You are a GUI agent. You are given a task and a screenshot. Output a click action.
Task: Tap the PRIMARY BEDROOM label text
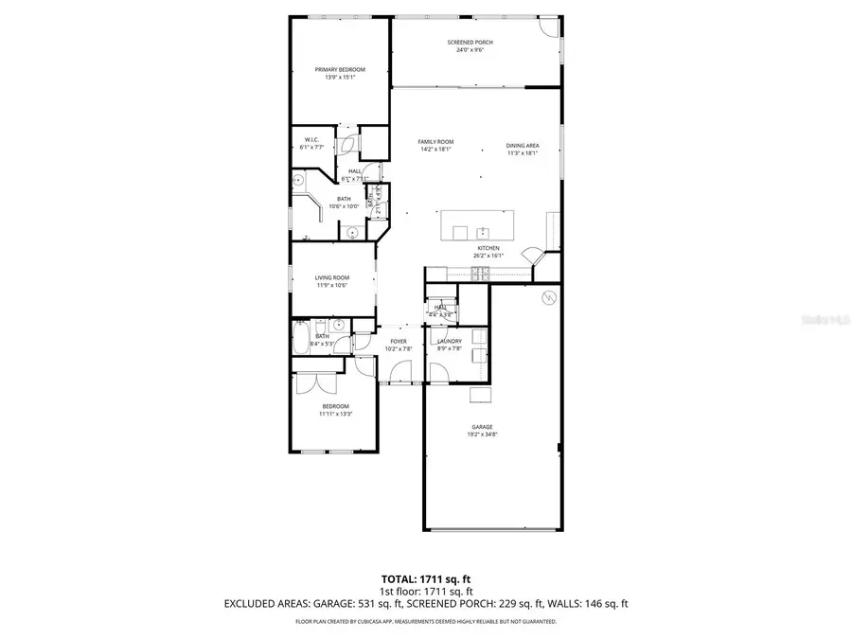coord(340,69)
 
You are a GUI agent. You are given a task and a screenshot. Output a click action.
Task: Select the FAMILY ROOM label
coord(435,142)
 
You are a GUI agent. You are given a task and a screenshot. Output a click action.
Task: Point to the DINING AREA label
coord(522,146)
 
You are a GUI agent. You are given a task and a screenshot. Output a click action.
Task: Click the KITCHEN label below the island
coord(488,248)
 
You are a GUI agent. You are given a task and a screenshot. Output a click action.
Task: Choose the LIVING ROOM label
coord(332,277)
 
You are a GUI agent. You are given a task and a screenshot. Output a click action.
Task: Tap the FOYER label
coord(399,341)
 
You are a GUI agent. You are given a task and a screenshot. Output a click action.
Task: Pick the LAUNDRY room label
coord(449,341)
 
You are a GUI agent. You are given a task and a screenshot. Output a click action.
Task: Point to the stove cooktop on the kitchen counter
coord(480,275)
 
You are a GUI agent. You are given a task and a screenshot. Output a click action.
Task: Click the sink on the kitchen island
coord(482,231)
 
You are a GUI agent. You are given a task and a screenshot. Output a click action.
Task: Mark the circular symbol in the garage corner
coord(546,298)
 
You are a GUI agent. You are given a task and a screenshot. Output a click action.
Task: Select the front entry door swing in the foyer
coord(396,377)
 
